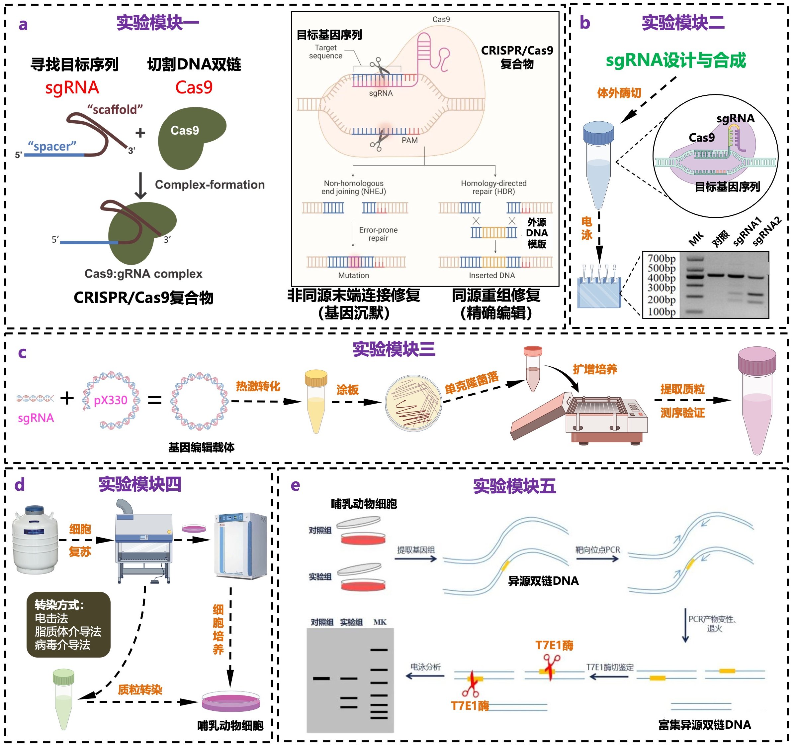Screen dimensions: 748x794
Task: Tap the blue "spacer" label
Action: point(52,146)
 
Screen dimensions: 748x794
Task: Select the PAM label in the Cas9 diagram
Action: point(409,140)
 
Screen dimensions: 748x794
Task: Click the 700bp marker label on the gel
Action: point(662,258)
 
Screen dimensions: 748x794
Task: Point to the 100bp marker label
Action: point(662,312)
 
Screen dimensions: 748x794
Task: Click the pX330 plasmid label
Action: point(111,400)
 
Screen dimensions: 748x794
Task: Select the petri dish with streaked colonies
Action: point(413,403)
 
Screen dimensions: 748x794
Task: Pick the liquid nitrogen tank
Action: point(35,539)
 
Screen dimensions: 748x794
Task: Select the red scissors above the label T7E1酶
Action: point(552,666)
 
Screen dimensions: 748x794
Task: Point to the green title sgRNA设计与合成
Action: point(675,61)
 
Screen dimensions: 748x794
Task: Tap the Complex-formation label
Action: point(210,185)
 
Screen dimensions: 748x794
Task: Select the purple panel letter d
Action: point(20,485)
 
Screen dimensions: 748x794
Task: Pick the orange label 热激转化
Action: point(258,386)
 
